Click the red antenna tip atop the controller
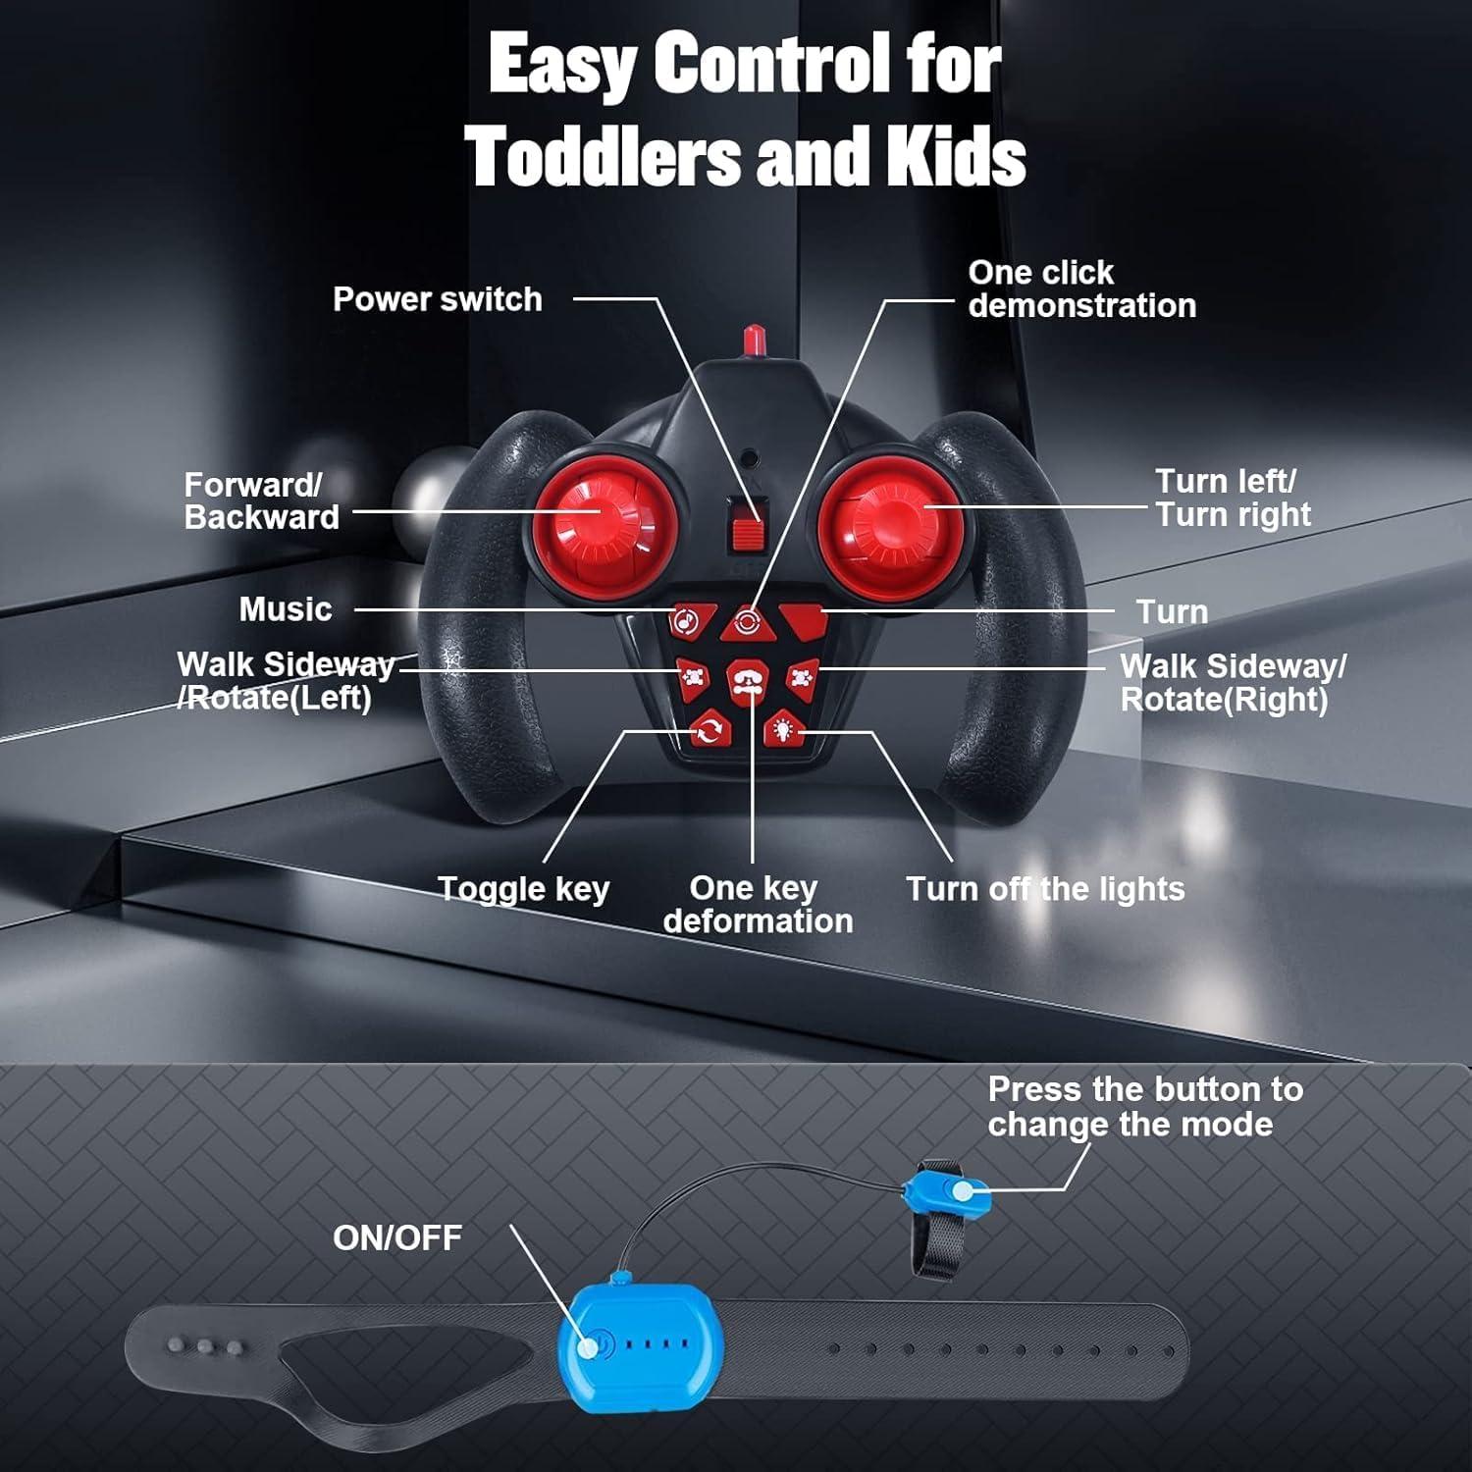[x=754, y=341]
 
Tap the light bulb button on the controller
[x=783, y=729]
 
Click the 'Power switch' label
[x=437, y=299]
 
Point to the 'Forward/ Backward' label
[x=262, y=500]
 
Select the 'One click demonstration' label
[x=1081, y=289]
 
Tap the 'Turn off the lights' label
[x=1045, y=889]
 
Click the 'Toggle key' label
[x=523, y=889]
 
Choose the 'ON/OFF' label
[x=397, y=1237]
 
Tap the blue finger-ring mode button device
[x=948, y=1189]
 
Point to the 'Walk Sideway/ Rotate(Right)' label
[x=1233, y=683]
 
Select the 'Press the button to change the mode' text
[x=1145, y=1106]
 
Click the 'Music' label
[x=286, y=609]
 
